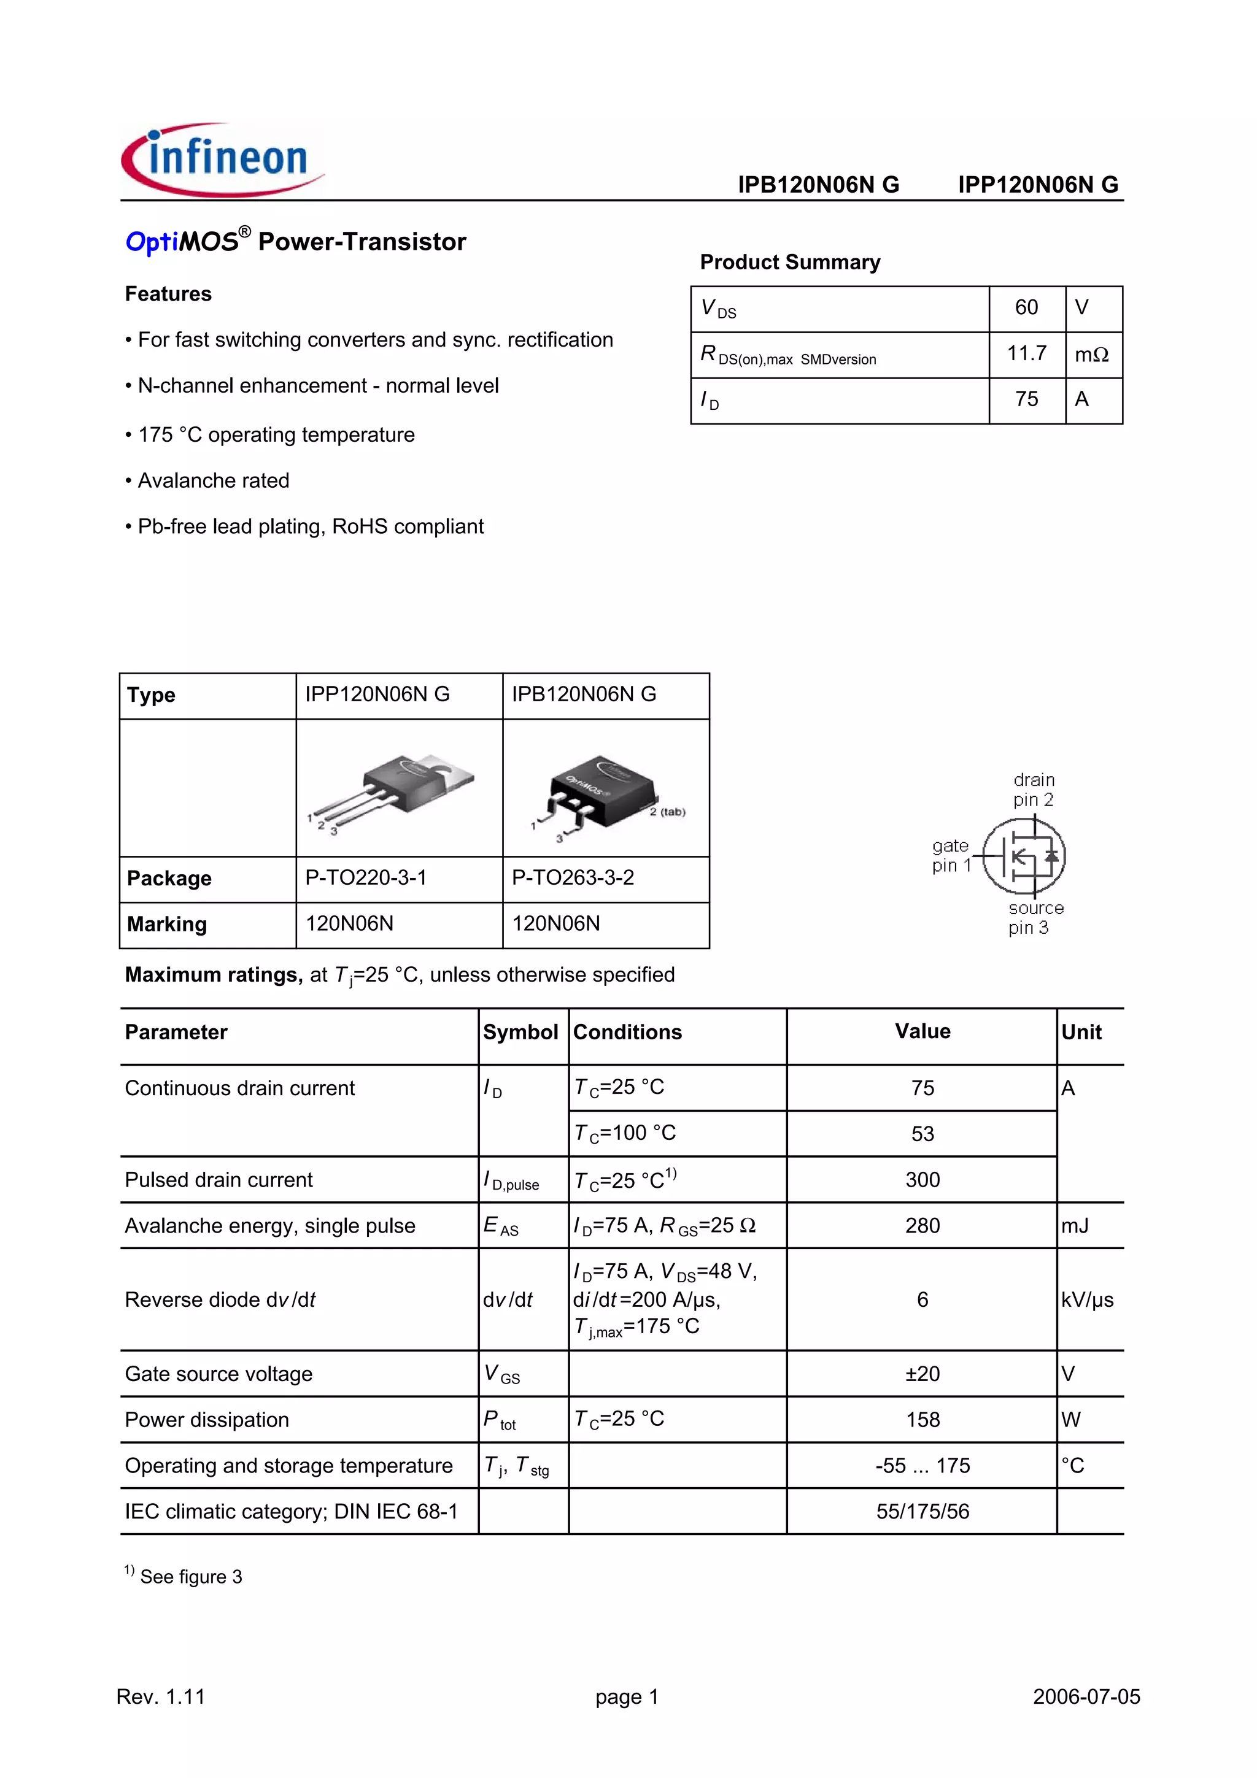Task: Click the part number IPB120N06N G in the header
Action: pyautogui.click(x=818, y=185)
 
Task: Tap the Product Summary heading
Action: pyautogui.click(x=789, y=263)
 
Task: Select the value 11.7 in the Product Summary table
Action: pyautogui.click(x=1026, y=354)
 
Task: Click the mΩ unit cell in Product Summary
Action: pyautogui.click(x=1091, y=355)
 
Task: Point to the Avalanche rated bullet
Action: pyautogui.click(x=207, y=481)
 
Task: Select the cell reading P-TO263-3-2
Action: pyautogui.click(x=573, y=878)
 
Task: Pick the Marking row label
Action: pyautogui.click(x=168, y=925)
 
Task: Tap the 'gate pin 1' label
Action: pyautogui.click(x=950, y=856)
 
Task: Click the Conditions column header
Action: pyautogui.click(x=627, y=1033)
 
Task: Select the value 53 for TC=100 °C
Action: pyautogui.click(x=922, y=1134)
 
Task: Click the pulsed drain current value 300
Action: pyautogui.click(x=922, y=1180)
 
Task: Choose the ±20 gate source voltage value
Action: pyautogui.click(x=922, y=1374)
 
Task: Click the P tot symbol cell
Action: pyautogui.click(x=500, y=1420)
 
